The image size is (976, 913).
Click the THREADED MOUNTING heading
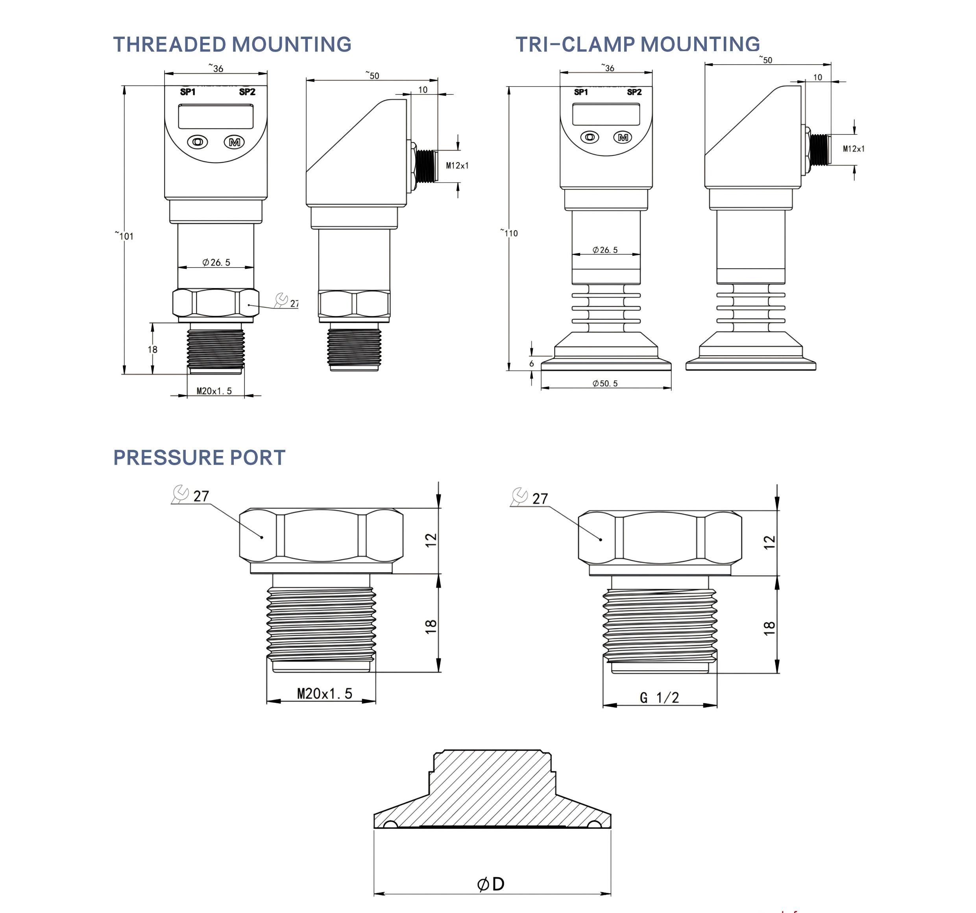coord(232,45)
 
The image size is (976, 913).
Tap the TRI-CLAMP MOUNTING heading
coord(637,45)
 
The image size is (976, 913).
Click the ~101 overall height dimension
coord(125,236)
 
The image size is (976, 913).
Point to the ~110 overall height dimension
coord(510,233)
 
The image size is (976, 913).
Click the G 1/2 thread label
coord(659,697)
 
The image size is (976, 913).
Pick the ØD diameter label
coord(491,884)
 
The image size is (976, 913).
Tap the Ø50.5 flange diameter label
coord(605,383)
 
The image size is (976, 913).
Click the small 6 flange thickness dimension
coord(531,364)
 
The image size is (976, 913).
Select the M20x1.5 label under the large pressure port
coord(325,693)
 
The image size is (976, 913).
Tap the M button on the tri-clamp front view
coord(623,137)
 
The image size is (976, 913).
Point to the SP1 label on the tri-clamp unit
coord(581,92)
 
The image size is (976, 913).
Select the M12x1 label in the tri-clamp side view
coord(854,149)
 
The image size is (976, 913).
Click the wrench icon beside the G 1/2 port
coord(519,496)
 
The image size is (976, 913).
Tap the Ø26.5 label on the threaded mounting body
coord(216,262)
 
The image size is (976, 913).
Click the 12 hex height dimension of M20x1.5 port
coord(431,540)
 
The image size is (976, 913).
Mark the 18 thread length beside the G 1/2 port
coord(769,628)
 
